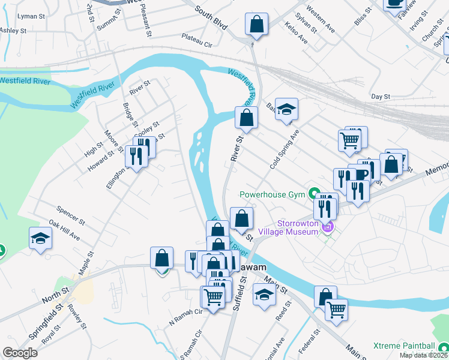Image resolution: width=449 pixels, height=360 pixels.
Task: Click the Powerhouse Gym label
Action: click(273, 194)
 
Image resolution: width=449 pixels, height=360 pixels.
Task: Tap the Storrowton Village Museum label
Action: click(288, 227)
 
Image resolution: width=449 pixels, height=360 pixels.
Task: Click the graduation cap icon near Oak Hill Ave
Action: click(40, 238)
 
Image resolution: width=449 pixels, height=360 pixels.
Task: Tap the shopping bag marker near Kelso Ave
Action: click(256, 25)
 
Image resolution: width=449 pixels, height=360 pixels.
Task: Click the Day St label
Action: click(381, 96)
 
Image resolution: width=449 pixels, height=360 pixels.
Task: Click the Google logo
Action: click(20, 353)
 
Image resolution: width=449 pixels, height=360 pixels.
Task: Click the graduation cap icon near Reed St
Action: click(264, 295)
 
